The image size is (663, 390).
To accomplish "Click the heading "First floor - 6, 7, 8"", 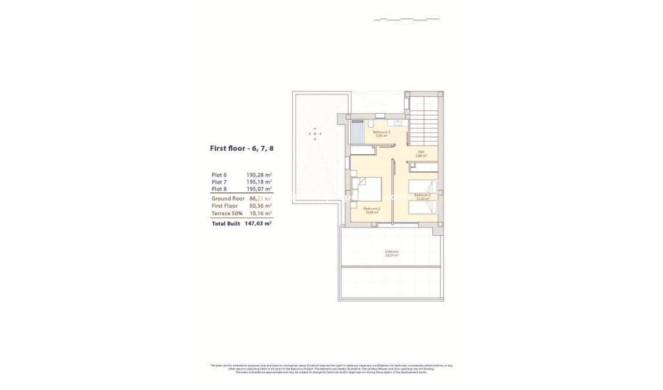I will [x=242, y=148].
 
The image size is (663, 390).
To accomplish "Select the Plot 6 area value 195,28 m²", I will [x=259, y=175].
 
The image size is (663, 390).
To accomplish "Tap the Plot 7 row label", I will [x=219, y=182].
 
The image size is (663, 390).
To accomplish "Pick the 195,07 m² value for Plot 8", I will [x=259, y=189].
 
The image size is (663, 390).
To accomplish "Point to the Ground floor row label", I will [x=228, y=199].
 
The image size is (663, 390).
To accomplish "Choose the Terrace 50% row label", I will [x=226, y=213].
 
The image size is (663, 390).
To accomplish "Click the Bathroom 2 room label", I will [x=381, y=133].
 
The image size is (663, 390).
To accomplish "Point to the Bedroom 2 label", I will [x=422, y=196].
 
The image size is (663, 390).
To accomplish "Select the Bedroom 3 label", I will [x=371, y=209].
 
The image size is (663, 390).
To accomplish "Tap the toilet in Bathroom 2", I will [x=371, y=124].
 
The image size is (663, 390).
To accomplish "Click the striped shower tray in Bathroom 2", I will [x=358, y=132].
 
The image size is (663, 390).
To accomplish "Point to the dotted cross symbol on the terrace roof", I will [x=314, y=134].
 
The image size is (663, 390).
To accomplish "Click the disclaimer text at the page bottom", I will [x=331, y=368].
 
